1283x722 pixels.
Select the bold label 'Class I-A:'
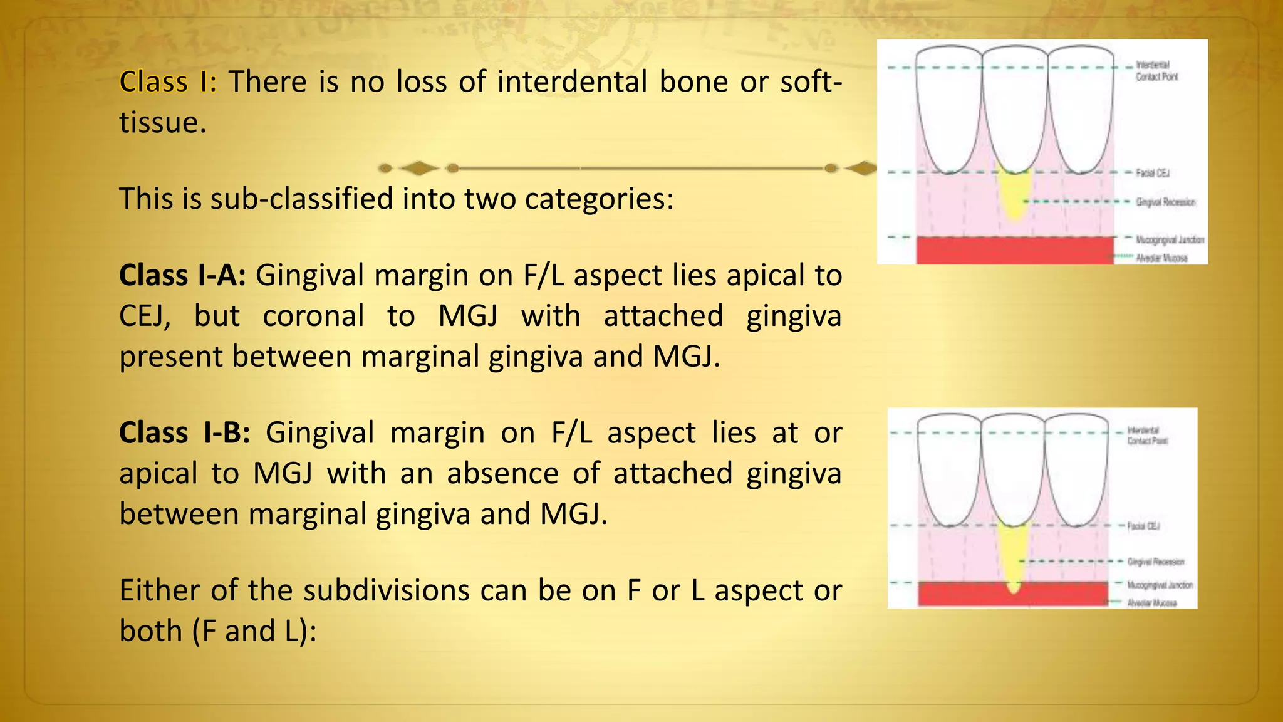pos(182,276)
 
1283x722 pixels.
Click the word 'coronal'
pos(313,316)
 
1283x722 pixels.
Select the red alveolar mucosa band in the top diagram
pos(1015,251)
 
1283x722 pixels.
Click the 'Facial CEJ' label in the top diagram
pos(1153,173)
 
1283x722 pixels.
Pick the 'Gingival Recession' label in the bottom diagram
pos(1156,562)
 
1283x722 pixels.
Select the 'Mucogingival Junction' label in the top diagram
pos(1170,239)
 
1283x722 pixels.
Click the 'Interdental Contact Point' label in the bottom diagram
pos(1147,436)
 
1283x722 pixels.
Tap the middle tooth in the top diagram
pos(1015,107)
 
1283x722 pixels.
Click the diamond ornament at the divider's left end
pos(418,168)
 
